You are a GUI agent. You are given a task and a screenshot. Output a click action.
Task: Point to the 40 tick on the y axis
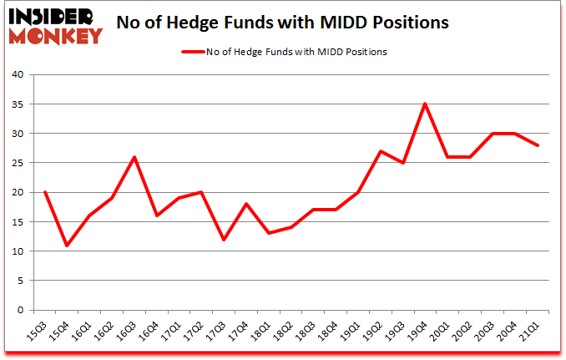[18, 75]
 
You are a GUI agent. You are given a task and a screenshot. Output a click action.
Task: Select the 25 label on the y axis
[18, 163]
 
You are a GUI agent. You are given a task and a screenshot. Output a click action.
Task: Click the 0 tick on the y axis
[21, 310]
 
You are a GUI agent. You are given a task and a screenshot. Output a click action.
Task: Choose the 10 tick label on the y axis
[18, 251]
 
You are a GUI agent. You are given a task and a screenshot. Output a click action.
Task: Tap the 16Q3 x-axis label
[129, 328]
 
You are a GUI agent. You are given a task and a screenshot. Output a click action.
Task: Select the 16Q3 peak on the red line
[135, 157]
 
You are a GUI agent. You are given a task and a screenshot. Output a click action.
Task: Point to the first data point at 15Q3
[46, 192]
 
